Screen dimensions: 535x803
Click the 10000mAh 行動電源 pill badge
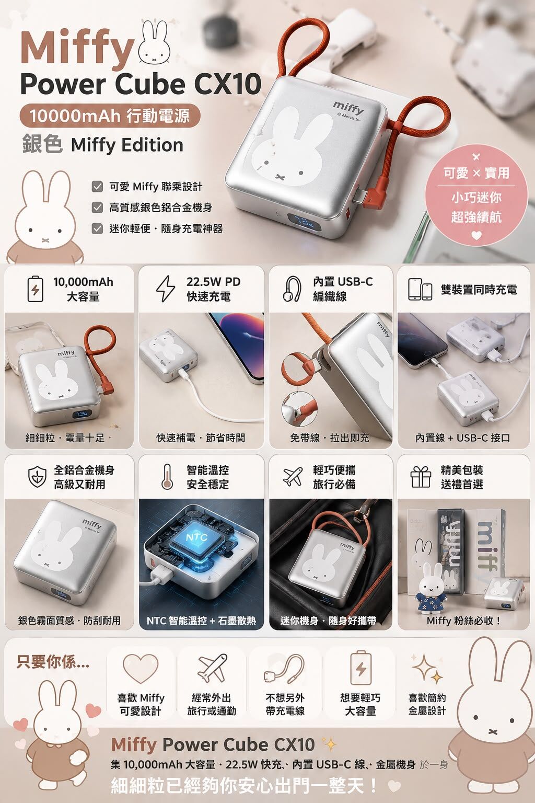tap(110, 116)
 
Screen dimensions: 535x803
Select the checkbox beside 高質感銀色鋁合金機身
tap(98, 207)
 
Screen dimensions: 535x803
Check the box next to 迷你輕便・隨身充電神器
tap(98, 228)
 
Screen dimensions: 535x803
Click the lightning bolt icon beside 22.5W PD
tap(165, 289)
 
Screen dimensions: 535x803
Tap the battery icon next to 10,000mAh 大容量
tap(35, 289)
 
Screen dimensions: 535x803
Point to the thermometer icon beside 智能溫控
tap(167, 476)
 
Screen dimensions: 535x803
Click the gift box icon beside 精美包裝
tap(421, 477)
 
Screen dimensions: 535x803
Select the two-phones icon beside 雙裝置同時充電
tap(420, 289)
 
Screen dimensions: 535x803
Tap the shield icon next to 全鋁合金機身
tap(37, 476)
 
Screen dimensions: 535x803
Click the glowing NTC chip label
tap(196, 537)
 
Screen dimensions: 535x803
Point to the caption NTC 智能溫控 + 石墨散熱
tap(201, 621)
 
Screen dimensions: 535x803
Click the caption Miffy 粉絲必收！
tap(464, 621)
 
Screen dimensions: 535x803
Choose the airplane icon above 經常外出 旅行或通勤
tap(212, 668)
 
